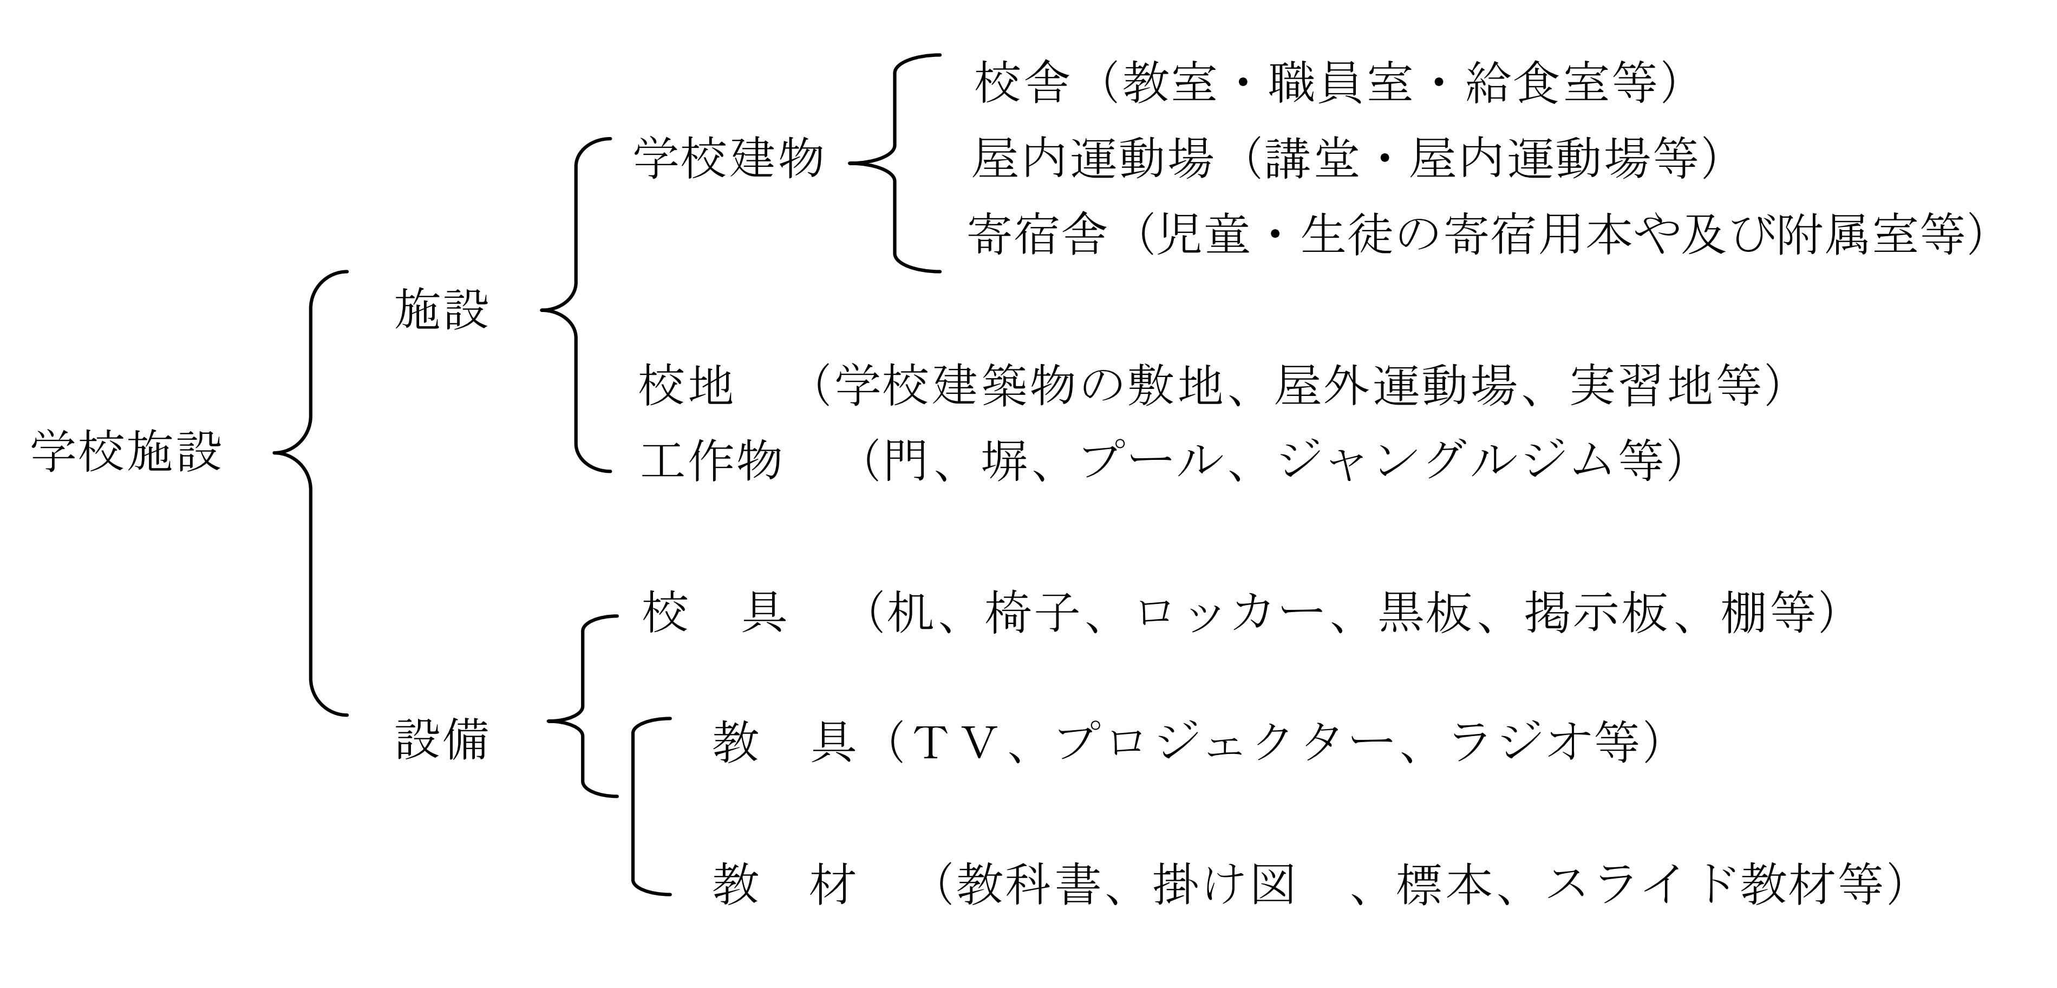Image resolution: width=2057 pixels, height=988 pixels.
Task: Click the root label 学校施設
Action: pyautogui.click(x=126, y=452)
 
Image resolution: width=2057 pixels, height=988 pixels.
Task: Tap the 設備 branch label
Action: pyautogui.click(x=441, y=739)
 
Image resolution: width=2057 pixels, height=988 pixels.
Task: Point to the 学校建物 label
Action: pyautogui.click(x=728, y=158)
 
